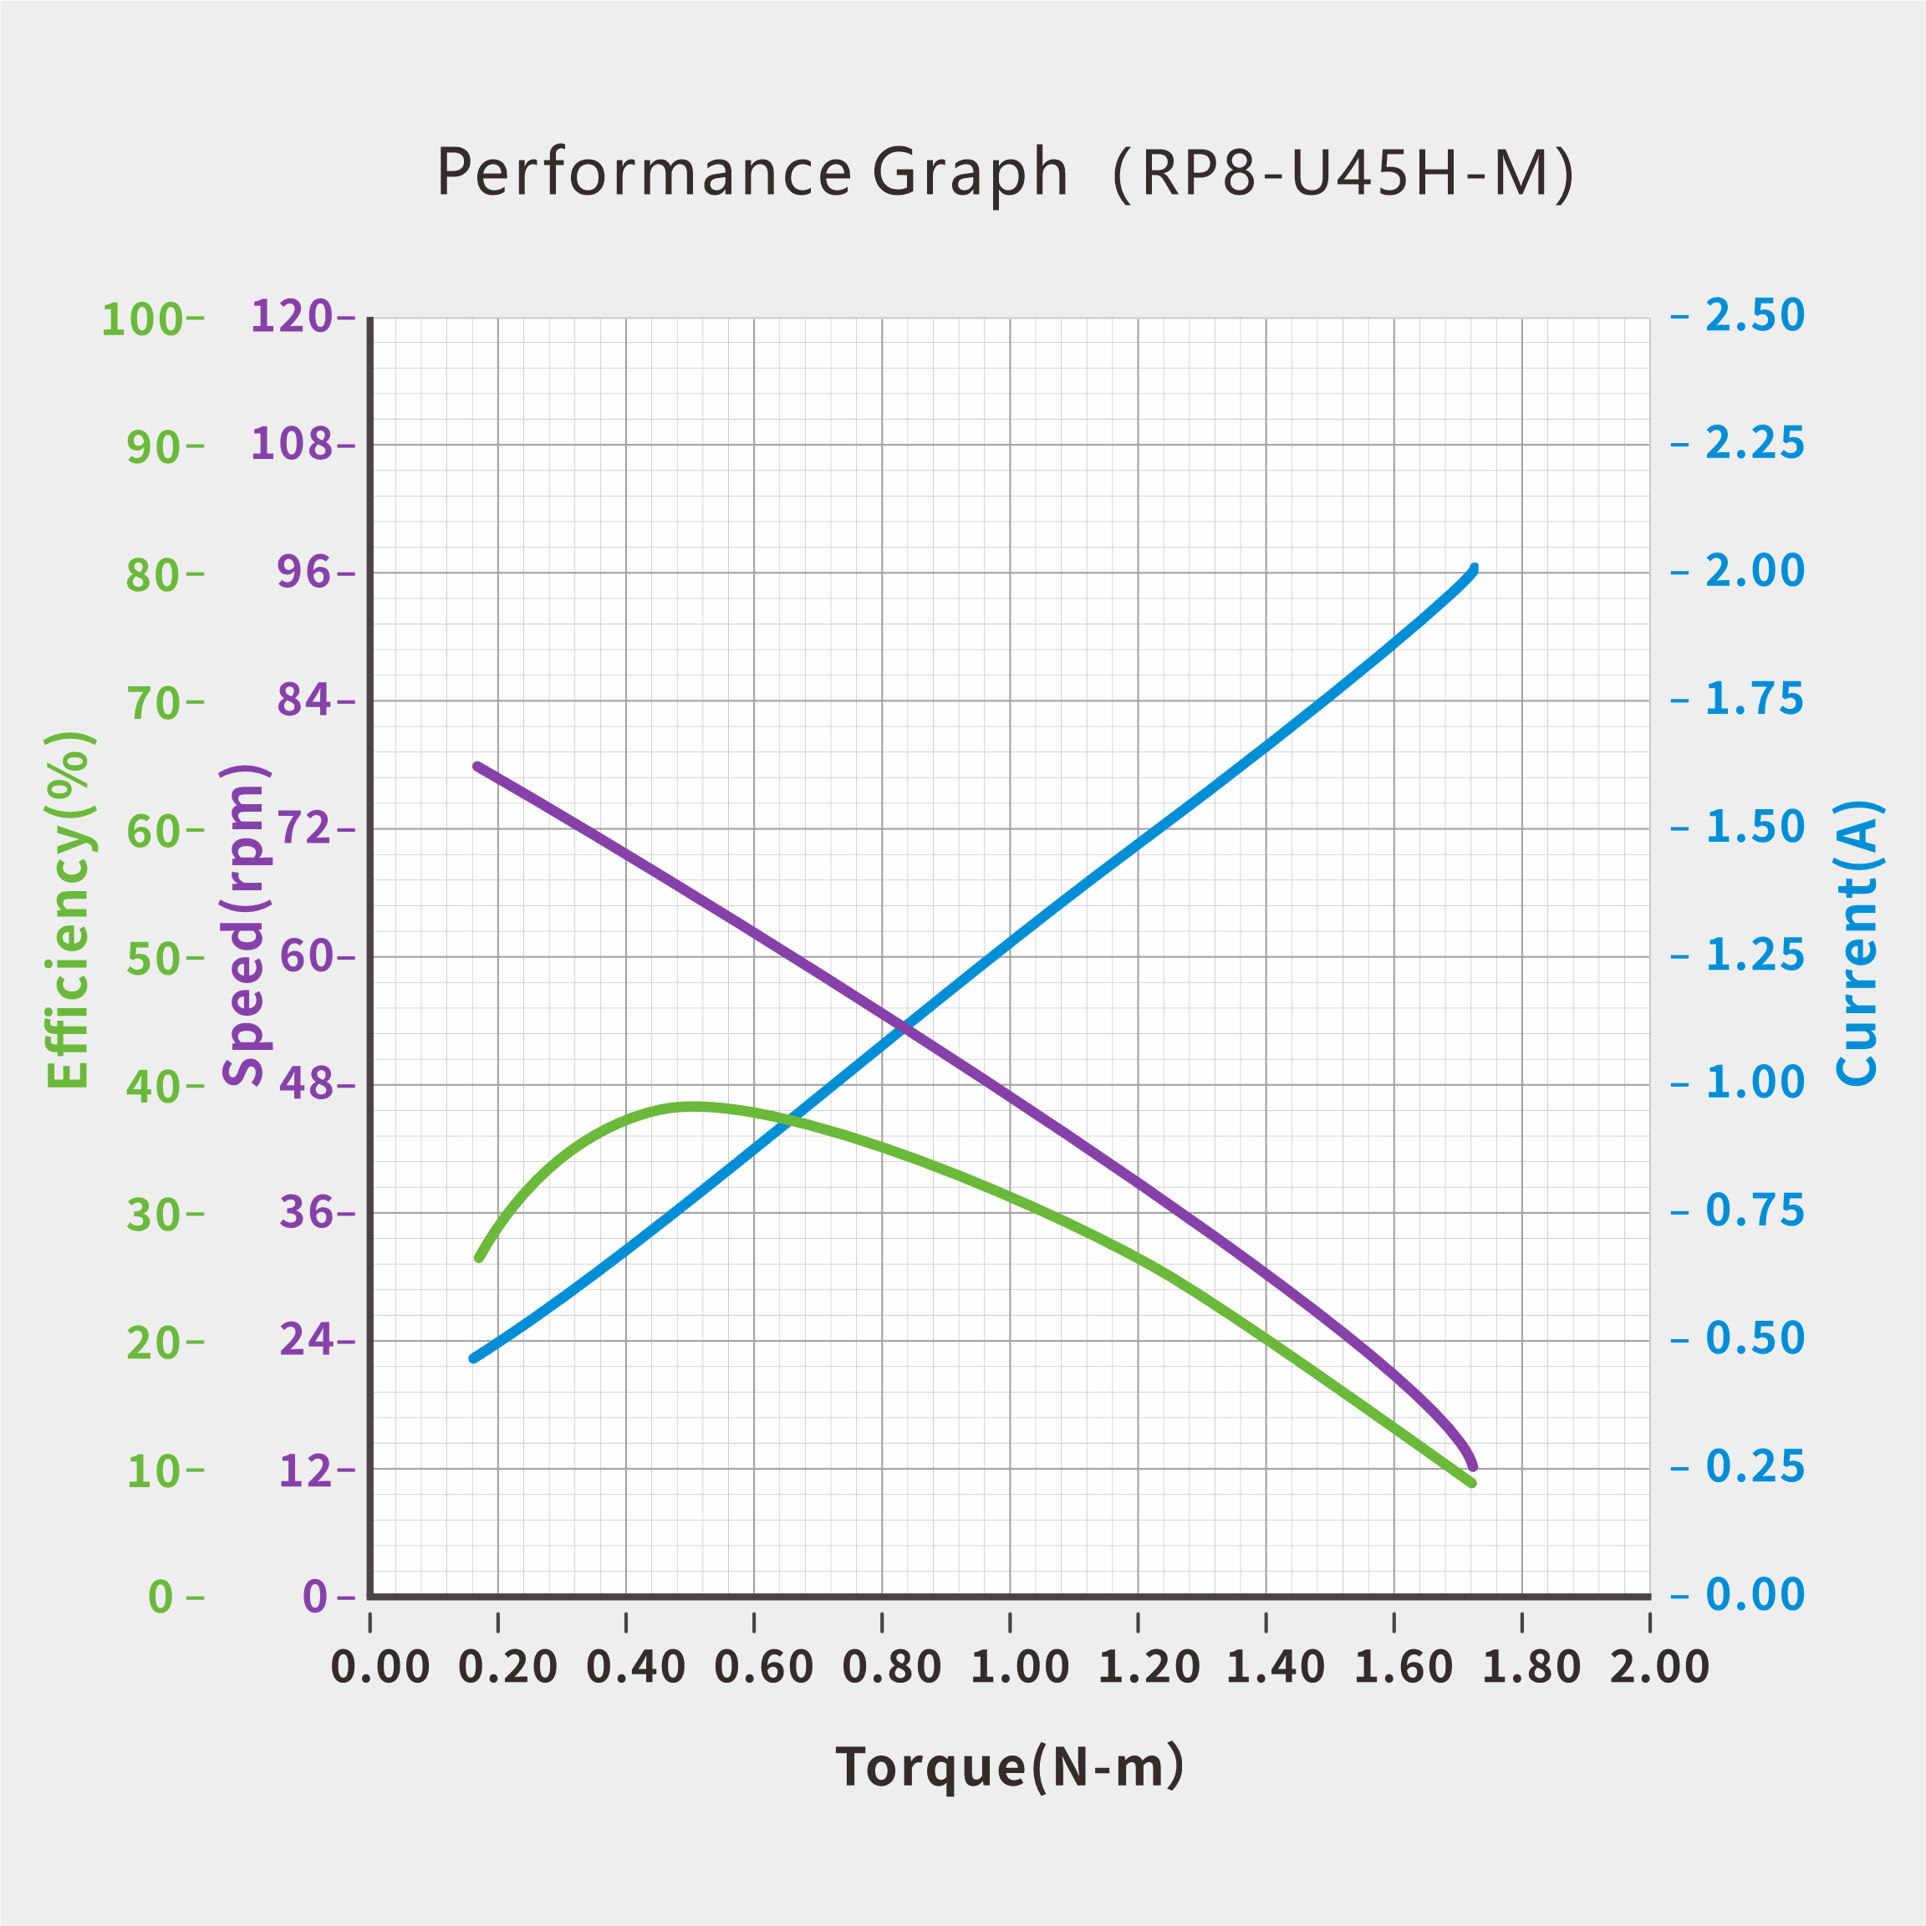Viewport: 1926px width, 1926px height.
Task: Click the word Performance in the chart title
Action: [644, 172]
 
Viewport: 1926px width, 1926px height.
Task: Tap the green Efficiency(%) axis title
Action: [69, 910]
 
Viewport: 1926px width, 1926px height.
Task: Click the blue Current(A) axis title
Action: [1857, 942]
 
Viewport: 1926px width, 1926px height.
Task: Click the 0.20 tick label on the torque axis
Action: [507, 1668]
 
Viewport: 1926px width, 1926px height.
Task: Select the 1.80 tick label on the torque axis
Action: [1531, 1668]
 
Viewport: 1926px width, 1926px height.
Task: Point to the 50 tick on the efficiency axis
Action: [152, 960]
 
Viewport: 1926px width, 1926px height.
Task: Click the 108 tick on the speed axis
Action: [291, 444]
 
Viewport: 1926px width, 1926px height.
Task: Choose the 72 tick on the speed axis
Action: [304, 828]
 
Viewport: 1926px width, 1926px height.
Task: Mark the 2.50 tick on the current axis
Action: [1755, 316]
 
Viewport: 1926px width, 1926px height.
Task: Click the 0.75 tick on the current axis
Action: [1755, 1210]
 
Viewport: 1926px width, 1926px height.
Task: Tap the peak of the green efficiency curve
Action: [693, 1106]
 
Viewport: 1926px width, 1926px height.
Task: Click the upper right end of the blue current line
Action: [1474, 569]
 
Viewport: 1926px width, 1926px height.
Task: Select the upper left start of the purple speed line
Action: [477, 766]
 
